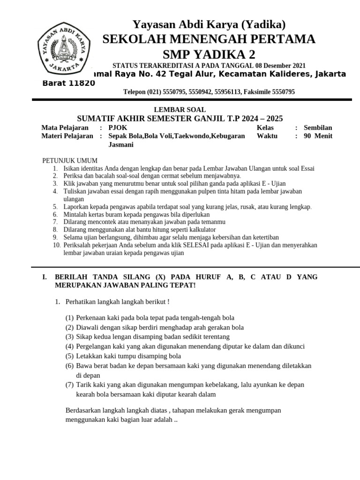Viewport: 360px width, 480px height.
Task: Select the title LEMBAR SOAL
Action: click(180, 109)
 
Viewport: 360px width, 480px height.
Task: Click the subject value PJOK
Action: click(118, 127)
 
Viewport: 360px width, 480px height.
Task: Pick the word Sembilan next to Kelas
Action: click(318, 127)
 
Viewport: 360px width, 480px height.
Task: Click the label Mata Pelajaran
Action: click(65, 127)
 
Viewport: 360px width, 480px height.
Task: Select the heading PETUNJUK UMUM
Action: click(70, 161)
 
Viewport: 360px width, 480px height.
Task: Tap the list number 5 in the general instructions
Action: click(55, 206)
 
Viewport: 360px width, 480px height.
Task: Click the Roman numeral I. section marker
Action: click(45, 277)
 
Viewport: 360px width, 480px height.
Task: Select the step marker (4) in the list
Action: click(69, 346)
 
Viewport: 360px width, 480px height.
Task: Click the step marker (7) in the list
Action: click(69, 384)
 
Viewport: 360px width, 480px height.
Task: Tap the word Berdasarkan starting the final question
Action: click(83, 410)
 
